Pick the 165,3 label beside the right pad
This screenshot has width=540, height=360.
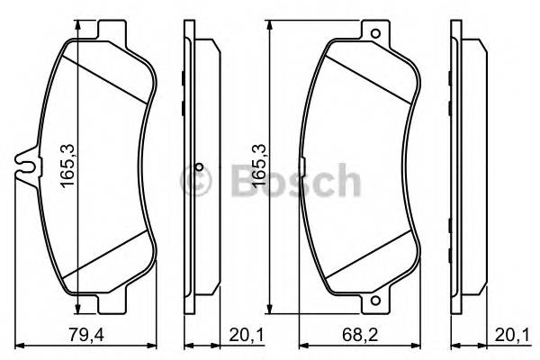(258, 165)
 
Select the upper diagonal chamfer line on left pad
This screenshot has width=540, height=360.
(106, 76)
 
